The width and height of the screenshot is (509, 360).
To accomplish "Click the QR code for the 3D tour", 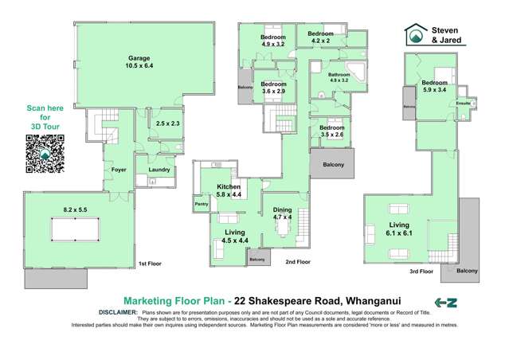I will pyautogui.click(x=45, y=153).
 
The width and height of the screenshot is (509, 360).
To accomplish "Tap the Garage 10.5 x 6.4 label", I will pyautogui.click(x=141, y=62).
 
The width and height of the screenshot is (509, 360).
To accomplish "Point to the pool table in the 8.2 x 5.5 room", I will pyautogui.click(x=73, y=228).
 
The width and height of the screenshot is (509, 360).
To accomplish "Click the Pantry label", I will pyautogui.click(x=201, y=205).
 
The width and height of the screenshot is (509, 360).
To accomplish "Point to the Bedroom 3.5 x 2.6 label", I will pyautogui.click(x=331, y=131).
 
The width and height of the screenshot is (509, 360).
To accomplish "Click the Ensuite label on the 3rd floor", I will pyautogui.click(x=462, y=103).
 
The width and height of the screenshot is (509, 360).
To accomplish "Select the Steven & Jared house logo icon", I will pyautogui.click(x=413, y=35).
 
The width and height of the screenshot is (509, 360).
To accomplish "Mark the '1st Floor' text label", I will pyautogui.click(x=151, y=262).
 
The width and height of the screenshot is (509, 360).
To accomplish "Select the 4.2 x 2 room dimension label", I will pyautogui.click(x=320, y=40).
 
